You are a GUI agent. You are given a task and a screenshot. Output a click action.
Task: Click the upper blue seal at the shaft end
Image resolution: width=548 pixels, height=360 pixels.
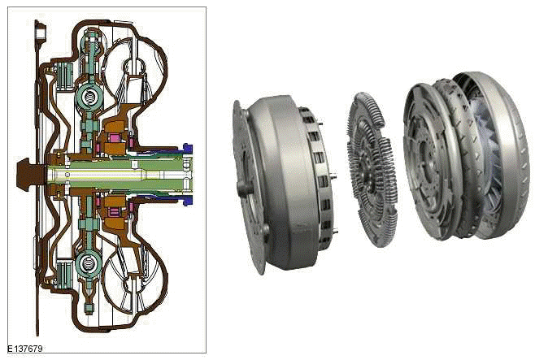187,149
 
